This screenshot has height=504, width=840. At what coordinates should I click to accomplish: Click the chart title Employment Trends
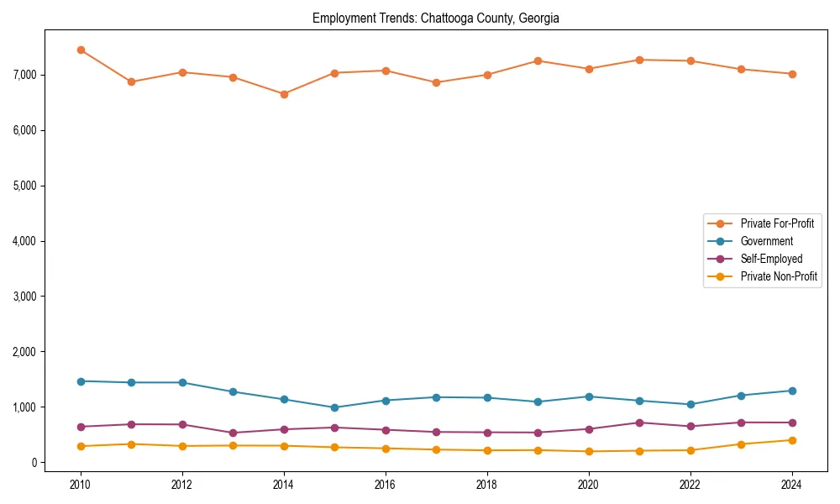(435, 18)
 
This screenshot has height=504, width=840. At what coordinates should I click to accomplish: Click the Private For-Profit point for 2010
(81, 50)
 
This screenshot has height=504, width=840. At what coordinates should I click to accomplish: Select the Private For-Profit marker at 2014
(284, 94)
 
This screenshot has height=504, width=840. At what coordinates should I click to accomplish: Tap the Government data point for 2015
(334, 407)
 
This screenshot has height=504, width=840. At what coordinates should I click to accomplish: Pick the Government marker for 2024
(792, 391)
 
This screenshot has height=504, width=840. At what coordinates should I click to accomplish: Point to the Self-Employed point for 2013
(233, 433)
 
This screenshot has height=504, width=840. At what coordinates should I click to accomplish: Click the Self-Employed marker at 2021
(639, 423)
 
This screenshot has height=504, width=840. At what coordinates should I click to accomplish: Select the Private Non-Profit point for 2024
(792, 440)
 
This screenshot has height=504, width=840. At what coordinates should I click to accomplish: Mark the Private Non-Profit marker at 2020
(589, 451)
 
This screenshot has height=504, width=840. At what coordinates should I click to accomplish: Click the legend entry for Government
(766, 241)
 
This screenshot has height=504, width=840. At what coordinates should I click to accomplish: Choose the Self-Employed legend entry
(771, 259)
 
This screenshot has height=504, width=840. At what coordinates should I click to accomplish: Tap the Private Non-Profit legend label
(779, 276)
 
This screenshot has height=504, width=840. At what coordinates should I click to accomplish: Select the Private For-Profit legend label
(777, 223)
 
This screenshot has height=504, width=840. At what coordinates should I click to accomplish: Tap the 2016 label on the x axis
(386, 485)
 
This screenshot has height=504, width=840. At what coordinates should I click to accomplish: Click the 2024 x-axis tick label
(792, 485)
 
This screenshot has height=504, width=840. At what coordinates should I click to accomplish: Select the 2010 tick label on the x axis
(81, 485)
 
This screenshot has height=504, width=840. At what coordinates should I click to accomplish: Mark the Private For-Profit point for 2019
(538, 60)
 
